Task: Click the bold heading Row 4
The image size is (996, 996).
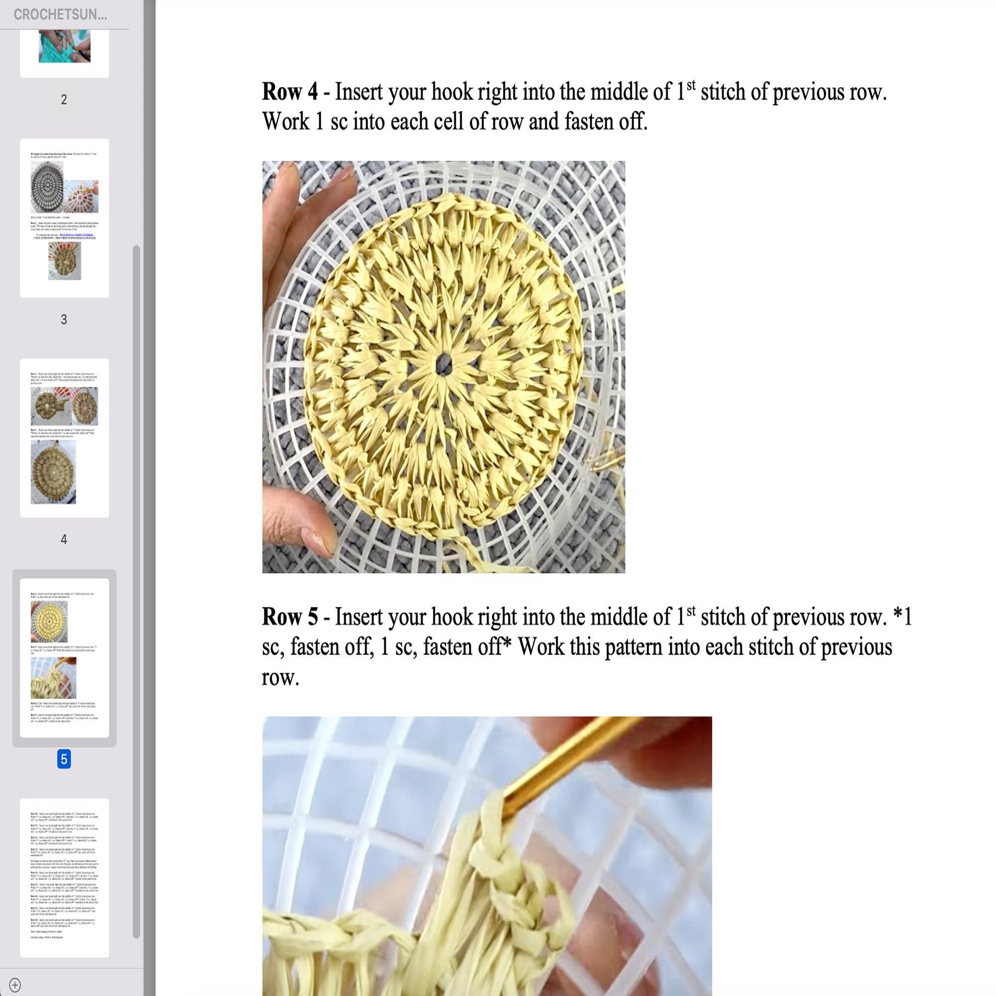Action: [290, 92]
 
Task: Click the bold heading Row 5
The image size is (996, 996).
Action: [290, 617]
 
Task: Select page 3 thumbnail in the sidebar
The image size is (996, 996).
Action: [64, 218]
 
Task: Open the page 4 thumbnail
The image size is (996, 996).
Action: [64, 438]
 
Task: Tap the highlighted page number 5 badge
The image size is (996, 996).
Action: [64, 759]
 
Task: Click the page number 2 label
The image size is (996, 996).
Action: [64, 100]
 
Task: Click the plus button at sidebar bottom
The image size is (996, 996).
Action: [15, 984]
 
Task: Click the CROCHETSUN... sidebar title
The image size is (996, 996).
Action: [60, 14]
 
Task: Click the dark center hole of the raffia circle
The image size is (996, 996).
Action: [442, 364]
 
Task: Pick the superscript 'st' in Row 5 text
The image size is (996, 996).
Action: [691, 611]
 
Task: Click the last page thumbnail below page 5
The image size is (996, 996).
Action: [64, 877]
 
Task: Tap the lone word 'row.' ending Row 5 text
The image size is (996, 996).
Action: [280, 677]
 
